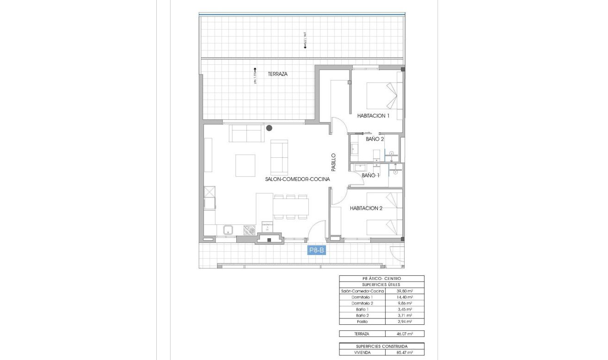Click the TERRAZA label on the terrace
[278, 74]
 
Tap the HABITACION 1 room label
[373, 116]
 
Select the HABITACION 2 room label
[366, 208]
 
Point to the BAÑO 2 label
[375, 139]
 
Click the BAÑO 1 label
[370, 175]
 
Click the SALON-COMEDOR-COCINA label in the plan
[297, 179]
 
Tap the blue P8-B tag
[317, 250]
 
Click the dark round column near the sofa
[269, 128]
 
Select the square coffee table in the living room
[245, 165]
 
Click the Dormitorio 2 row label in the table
[362, 303]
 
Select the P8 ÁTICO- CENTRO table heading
[381, 279]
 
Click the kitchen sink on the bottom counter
[228, 229]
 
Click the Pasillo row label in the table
[362, 321]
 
